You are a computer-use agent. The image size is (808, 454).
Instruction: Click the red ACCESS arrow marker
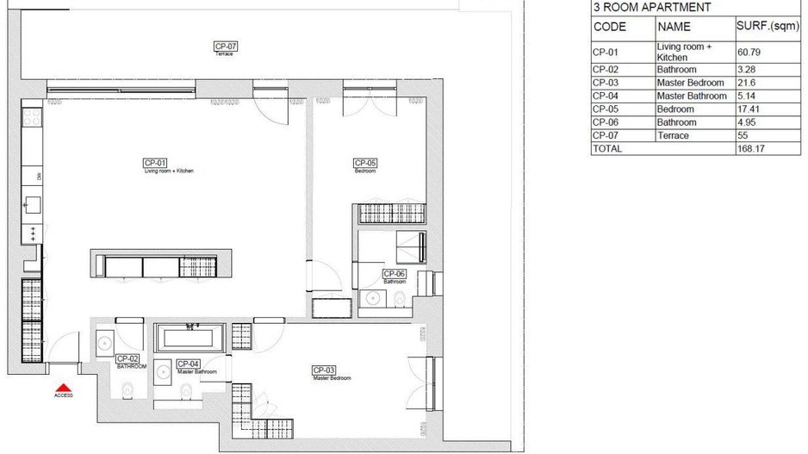click(63, 388)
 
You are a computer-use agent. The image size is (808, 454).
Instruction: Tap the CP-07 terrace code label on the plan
click(225, 46)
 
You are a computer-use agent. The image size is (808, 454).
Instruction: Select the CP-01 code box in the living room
click(155, 163)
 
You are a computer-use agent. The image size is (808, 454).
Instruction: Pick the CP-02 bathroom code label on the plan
click(127, 358)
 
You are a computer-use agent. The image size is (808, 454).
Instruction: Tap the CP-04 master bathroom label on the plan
click(189, 364)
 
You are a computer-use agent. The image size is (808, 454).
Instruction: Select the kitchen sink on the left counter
click(33, 205)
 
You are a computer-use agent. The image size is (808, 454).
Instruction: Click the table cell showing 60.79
click(749, 52)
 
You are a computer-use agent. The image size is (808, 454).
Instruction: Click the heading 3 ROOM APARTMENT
click(651, 7)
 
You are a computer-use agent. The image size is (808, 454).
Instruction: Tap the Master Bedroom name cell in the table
click(690, 83)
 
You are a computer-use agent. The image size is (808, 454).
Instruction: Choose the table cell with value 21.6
click(746, 83)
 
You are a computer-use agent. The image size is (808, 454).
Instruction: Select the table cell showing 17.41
click(749, 109)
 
